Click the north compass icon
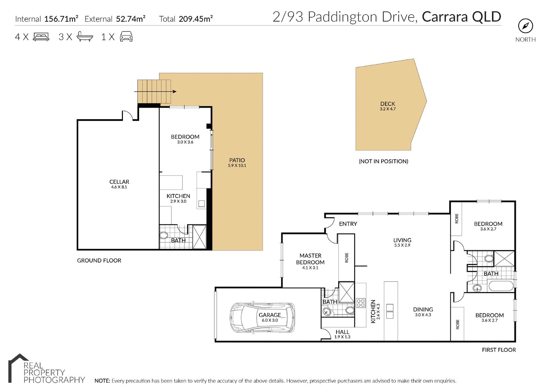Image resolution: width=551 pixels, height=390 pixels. [526, 26]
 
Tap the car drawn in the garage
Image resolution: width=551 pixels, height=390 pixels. [262, 318]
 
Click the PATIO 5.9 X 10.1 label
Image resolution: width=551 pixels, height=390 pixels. [237, 162]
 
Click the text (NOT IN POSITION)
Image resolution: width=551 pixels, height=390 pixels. [383, 161]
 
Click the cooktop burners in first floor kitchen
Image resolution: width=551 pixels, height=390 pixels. [361, 303]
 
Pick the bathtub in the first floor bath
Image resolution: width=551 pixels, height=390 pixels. [500, 286]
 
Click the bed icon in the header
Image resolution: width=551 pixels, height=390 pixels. [41, 37]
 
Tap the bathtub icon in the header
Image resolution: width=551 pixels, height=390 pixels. [84, 37]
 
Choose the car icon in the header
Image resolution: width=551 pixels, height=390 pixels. [126, 37]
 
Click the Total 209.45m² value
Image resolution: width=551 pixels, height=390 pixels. [195, 19]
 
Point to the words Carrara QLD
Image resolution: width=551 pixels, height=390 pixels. [461, 17]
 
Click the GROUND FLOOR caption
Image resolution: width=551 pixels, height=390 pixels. [99, 260]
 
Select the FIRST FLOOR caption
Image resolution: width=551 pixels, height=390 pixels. [498, 350]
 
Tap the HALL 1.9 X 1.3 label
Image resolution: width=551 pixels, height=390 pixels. [342, 334]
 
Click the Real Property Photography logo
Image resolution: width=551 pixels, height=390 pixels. [46, 369]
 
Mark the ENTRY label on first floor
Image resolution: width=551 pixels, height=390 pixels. [348, 224]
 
